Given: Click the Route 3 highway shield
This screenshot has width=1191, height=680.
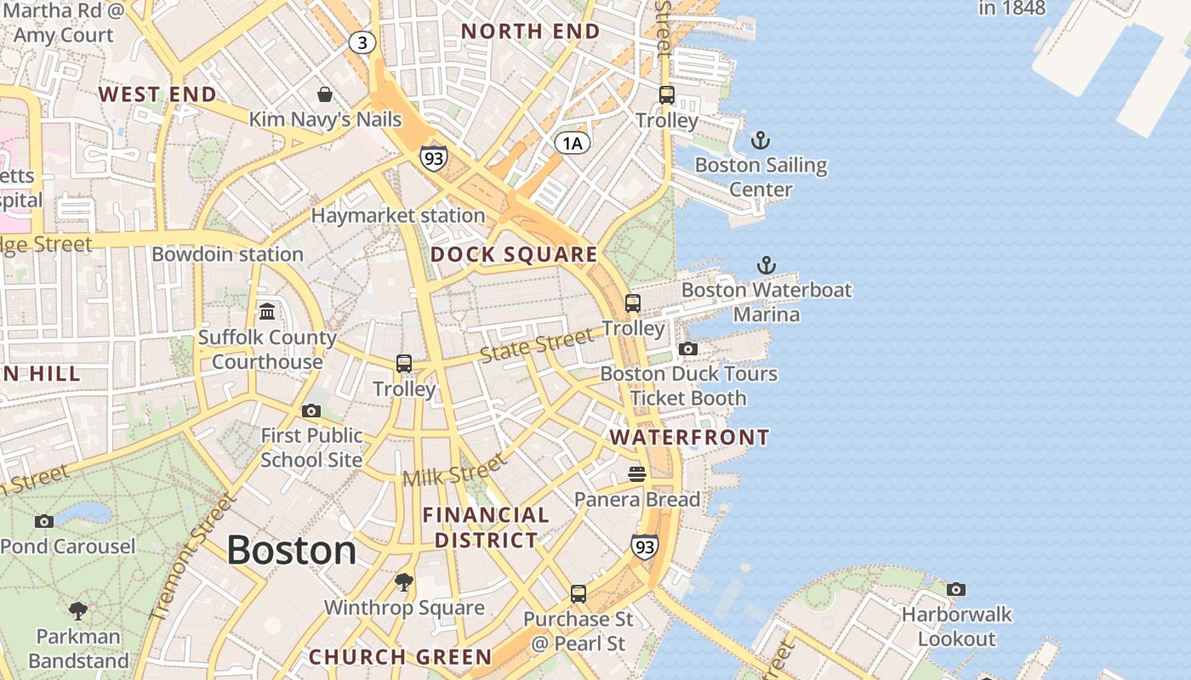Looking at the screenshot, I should [x=362, y=42].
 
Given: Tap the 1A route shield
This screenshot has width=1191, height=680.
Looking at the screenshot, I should [x=573, y=143].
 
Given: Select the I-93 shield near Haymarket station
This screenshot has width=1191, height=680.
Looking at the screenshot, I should [x=433, y=158].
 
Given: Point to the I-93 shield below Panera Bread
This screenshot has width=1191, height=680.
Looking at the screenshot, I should [x=645, y=547].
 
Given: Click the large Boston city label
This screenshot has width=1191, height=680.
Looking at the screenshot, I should [x=291, y=551].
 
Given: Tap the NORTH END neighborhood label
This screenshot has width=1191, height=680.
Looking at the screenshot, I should [x=530, y=31].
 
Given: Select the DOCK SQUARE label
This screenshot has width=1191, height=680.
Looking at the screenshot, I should [x=514, y=254].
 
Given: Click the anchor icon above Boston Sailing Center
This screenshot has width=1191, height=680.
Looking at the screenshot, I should [x=760, y=140].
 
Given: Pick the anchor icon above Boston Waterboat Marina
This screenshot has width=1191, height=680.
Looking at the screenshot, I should [x=766, y=265].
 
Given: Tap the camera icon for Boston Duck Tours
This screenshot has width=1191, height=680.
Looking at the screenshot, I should [x=688, y=348].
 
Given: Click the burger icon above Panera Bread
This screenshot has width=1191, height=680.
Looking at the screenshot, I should [x=637, y=473].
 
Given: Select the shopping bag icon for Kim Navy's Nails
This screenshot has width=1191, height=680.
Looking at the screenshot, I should [x=324, y=93].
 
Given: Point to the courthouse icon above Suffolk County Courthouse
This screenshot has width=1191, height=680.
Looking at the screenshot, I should [x=267, y=312].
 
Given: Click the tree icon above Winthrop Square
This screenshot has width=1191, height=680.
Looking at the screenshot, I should [x=404, y=582].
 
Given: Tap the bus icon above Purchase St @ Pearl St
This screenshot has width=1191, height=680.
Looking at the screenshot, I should [x=578, y=593].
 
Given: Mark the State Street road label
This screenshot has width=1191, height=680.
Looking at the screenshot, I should [x=536, y=346].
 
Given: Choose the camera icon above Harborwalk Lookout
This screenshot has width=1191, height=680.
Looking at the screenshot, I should [x=956, y=589].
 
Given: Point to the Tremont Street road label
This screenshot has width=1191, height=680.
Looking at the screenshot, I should [x=191, y=557].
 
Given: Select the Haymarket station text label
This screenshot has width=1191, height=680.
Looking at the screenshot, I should [x=397, y=216].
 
